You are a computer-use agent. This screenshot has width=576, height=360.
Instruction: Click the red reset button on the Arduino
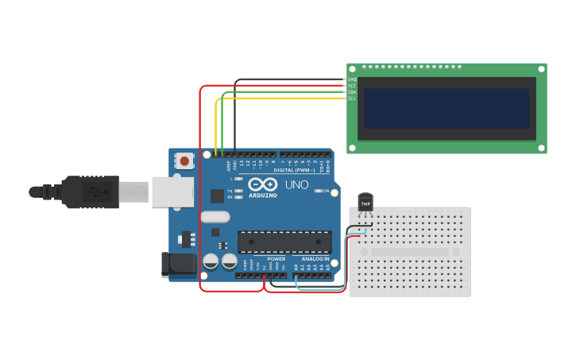184,161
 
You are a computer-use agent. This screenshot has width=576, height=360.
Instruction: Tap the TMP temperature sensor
365,203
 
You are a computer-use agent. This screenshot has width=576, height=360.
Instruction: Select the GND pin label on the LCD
352,79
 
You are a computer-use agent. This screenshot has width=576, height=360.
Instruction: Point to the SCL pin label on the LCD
352,99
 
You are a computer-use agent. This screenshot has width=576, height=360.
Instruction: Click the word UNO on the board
296,186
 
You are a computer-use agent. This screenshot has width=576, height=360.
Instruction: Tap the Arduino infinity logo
263,184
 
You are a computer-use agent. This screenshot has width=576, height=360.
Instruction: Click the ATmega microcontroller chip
284,242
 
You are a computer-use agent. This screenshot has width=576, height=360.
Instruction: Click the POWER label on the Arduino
276,258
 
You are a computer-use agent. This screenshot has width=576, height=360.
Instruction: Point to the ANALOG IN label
315,258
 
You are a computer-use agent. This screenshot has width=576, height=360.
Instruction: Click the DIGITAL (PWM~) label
294,170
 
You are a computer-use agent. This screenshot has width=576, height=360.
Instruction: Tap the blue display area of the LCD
446,108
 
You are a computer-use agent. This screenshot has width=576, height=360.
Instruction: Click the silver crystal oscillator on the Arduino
215,216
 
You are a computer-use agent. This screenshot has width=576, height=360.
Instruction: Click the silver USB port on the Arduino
172,192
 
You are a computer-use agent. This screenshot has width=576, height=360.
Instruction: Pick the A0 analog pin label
296,267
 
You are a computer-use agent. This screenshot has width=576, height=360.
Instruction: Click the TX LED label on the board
230,191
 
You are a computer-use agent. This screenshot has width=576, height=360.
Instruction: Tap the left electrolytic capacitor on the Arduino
211,261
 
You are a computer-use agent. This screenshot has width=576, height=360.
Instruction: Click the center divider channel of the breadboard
410,251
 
